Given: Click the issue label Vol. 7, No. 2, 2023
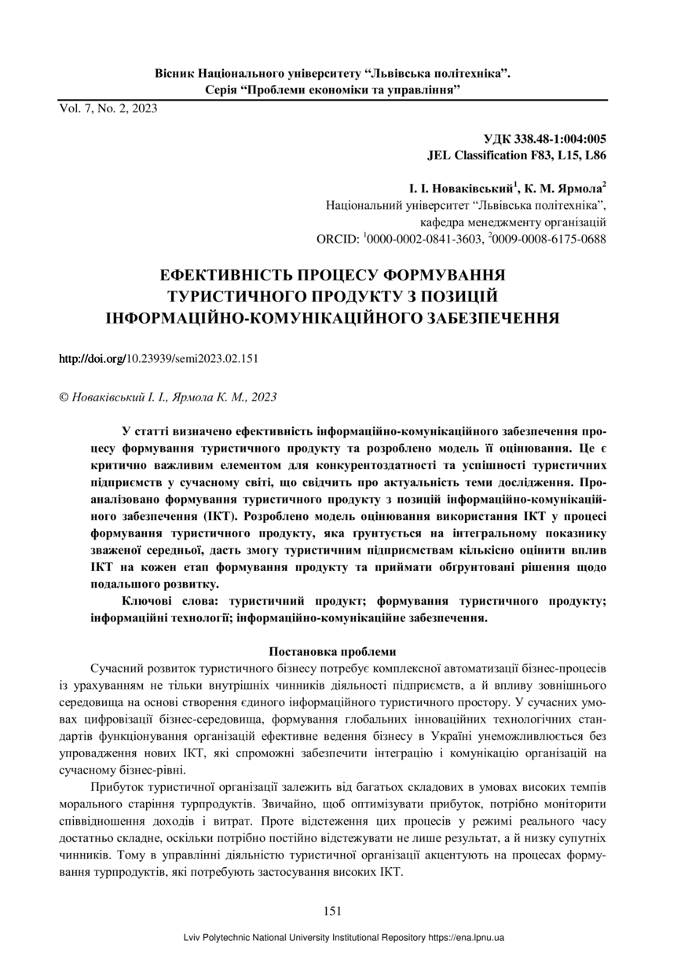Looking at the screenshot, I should point(108,109).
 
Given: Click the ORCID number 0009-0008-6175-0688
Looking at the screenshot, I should point(552,237).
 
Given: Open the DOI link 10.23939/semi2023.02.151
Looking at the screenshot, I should point(159,359).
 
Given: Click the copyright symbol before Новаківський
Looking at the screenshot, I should point(64,397).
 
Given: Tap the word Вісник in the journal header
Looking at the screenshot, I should point(174,73).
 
